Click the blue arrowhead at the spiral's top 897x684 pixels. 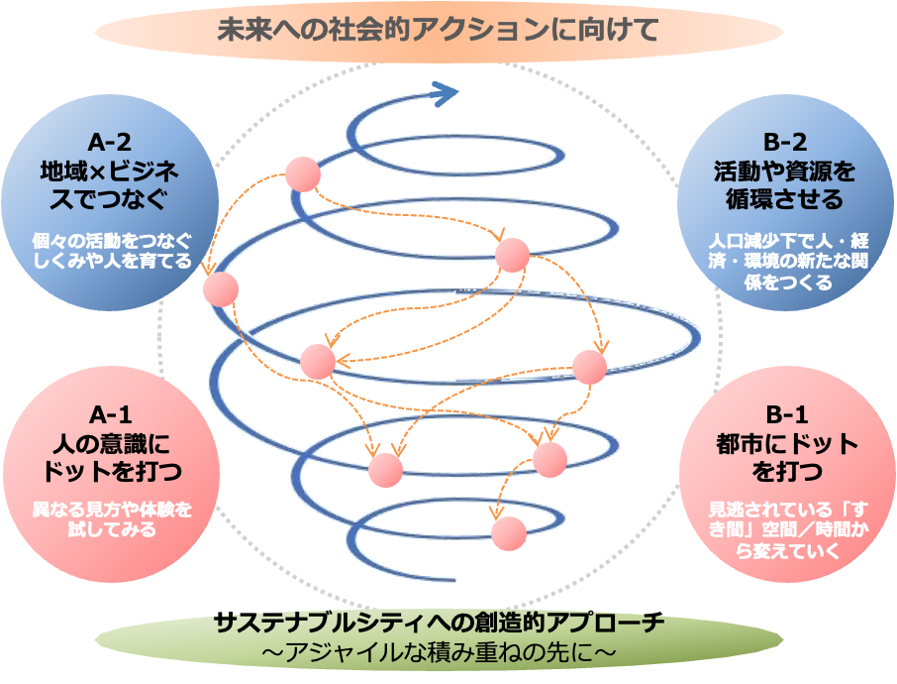[448, 94]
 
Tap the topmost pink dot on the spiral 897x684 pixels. [303, 174]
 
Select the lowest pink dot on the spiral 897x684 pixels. [509, 533]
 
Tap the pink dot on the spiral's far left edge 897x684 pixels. [222, 289]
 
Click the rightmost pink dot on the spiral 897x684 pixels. [589, 367]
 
